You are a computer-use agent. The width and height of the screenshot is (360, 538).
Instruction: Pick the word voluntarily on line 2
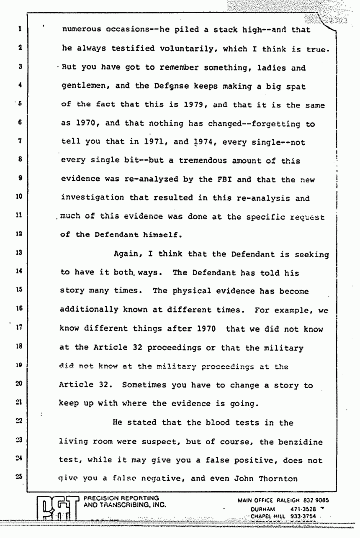click(170, 49)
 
